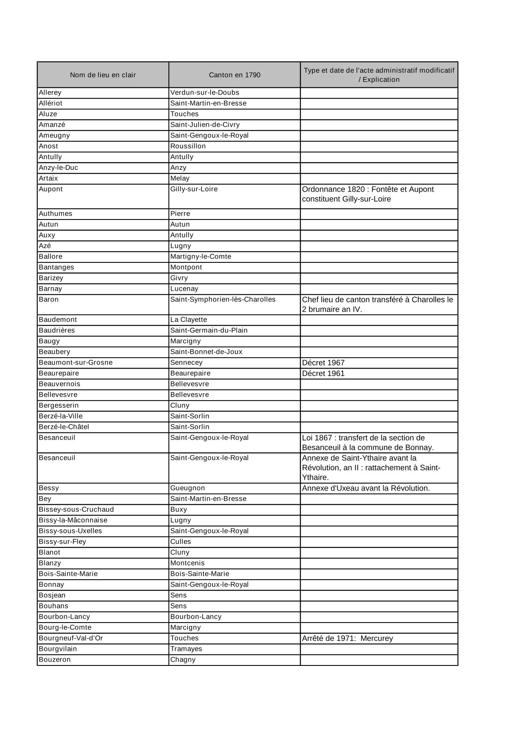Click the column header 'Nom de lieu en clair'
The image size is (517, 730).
103,75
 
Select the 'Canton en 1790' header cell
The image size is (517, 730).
234,75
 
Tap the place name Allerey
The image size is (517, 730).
50,92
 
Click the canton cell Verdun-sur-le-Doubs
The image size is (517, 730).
205,92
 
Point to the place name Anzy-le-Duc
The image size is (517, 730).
58,167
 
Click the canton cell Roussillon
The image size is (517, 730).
188,146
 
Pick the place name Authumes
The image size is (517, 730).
55,214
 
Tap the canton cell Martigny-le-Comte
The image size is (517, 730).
201,257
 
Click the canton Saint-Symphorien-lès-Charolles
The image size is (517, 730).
223,299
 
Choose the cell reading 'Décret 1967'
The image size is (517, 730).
323,363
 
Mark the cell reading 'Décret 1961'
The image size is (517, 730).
323,374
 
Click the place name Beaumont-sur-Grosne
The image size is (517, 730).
75,362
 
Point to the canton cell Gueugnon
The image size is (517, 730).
188,488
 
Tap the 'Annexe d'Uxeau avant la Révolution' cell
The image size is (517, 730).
366,488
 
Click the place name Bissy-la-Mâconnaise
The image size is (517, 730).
73,520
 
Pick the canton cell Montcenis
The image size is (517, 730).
187,563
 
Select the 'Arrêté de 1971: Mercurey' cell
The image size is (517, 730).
347,638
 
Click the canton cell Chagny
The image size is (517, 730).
183,660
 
